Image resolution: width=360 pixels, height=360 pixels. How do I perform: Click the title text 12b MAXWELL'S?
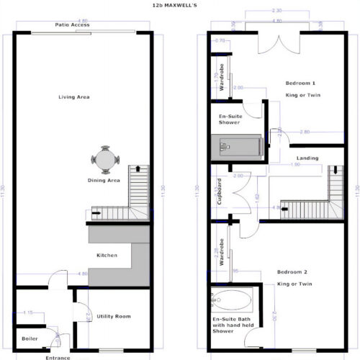point(179,5)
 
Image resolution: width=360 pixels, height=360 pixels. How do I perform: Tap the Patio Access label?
point(73,24)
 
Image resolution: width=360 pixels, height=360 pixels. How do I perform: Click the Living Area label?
point(73,96)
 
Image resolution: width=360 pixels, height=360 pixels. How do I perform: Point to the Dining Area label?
point(104,180)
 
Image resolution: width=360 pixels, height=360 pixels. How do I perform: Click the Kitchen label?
point(107,255)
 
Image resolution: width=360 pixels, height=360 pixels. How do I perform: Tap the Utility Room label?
point(113,316)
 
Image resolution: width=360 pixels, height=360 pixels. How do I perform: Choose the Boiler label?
point(30,338)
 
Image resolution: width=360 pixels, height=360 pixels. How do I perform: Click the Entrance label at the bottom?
point(57,357)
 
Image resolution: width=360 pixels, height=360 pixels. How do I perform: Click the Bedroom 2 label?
point(295,273)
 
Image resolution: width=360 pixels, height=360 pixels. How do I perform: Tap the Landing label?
point(306,159)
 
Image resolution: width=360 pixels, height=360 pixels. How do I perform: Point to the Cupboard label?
point(219,192)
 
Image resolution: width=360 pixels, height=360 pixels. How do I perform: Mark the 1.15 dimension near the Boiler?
point(29,312)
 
